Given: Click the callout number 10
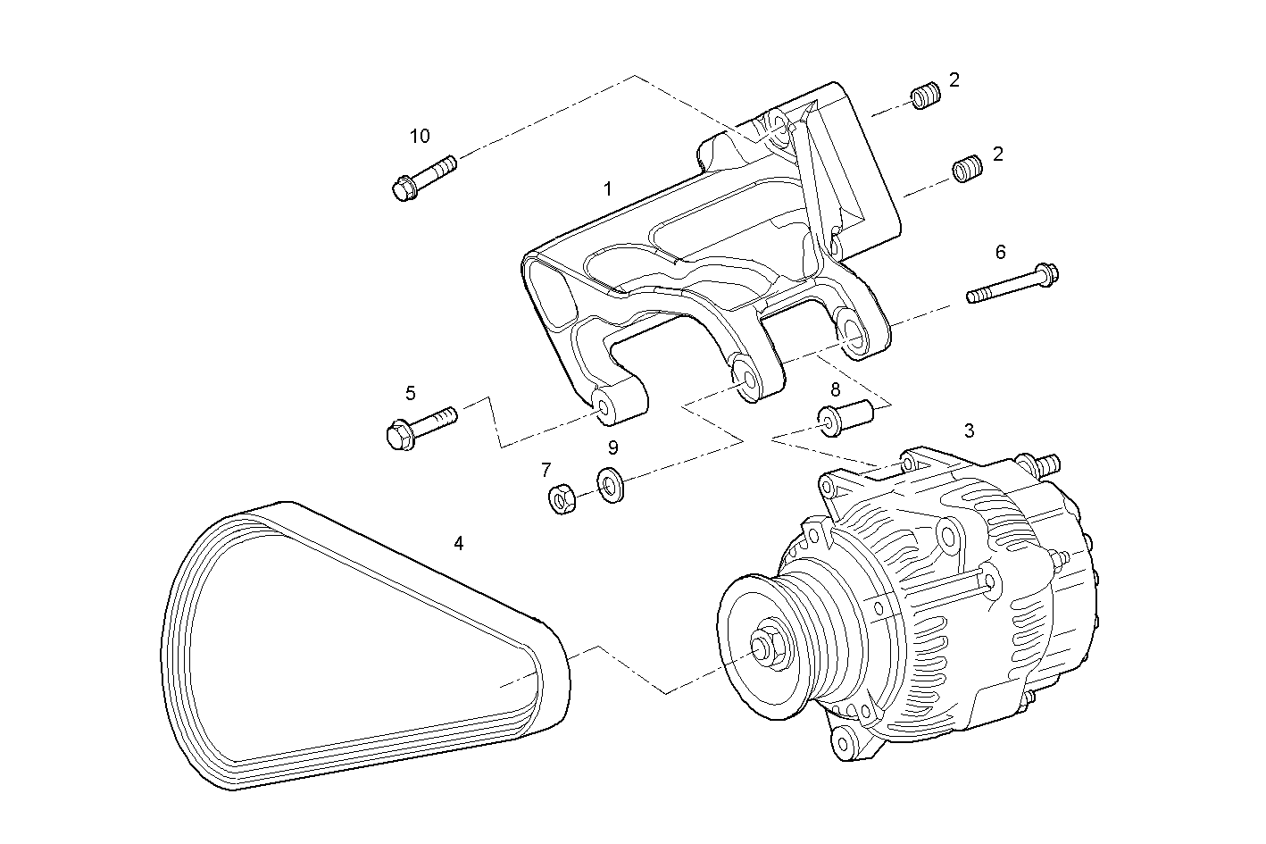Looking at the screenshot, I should (x=420, y=137).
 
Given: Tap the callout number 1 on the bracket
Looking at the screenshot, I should (x=608, y=189).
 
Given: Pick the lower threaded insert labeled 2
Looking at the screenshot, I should (x=966, y=169).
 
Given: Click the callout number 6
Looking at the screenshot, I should (x=1000, y=253).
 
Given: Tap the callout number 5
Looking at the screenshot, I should (x=411, y=393).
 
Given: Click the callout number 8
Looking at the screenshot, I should (x=835, y=389).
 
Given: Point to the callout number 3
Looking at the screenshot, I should (x=969, y=430).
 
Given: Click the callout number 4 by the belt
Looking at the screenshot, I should (x=459, y=543).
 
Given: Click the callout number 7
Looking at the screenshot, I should (x=546, y=470).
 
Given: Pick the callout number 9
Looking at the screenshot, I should (x=613, y=448).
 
